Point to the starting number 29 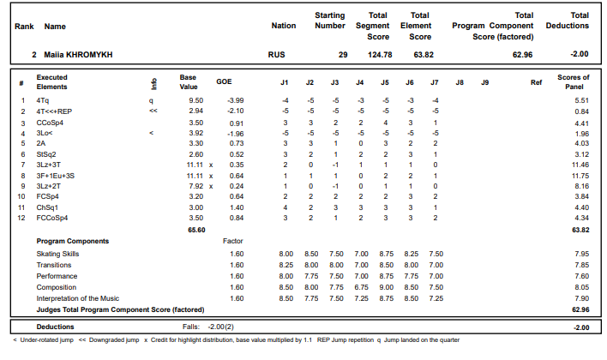click(x=342, y=55)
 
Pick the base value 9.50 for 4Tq click(x=195, y=100)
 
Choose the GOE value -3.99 click(x=235, y=100)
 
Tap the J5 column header click(x=385, y=82)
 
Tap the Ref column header click(x=536, y=82)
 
